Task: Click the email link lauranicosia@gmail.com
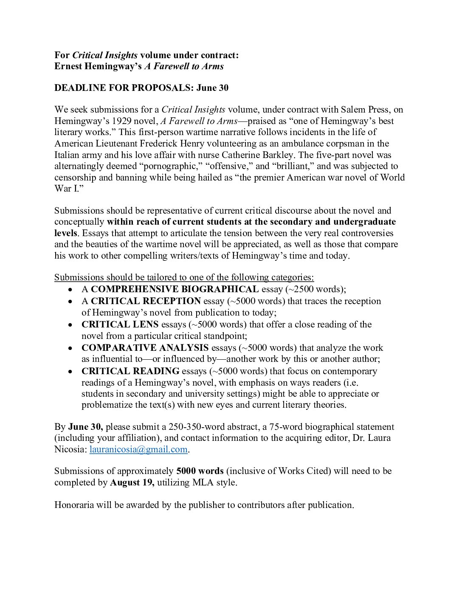pyautogui.click(x=138, y=449)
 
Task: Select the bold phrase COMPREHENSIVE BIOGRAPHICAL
pyautogui.click(x=175, y=289)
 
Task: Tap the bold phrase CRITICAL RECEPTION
pyautogui.click(x=146, y=301)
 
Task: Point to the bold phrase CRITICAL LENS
pyautogui.click(x=120, y=324)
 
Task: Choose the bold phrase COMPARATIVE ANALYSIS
pyautogui.click(x=145, y=348)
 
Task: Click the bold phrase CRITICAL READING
pyautogui.click(x=130, y=371)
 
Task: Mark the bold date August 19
pyautogui.click(x=132, y=482)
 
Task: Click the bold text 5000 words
pyautogui.click(x=200, y=471)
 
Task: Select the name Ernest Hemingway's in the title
pyautogui.click(x=98, y=66)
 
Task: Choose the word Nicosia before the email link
pyautogui.click(x=70, y=449)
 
